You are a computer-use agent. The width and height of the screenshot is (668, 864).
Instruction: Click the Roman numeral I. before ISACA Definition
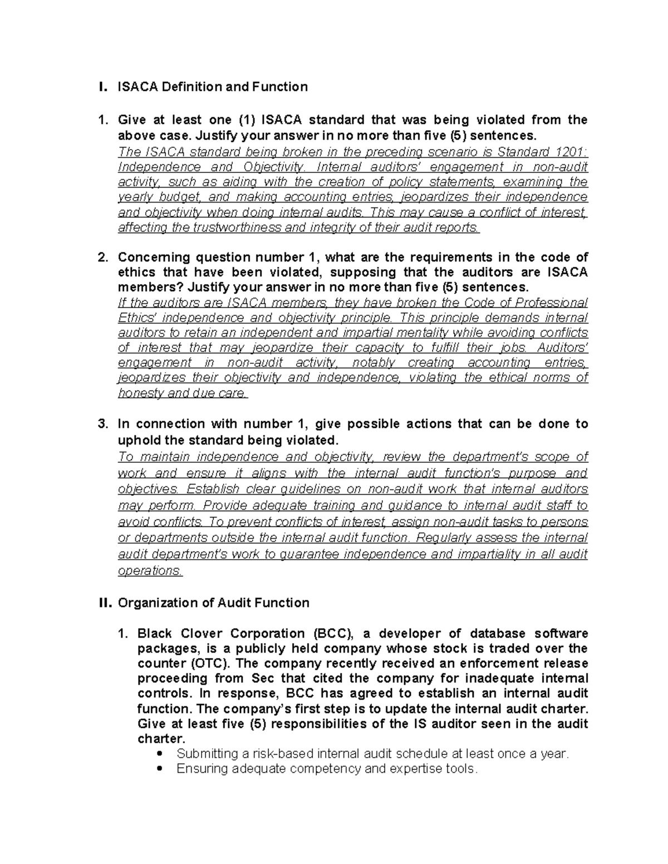click(x=101, y=87)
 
